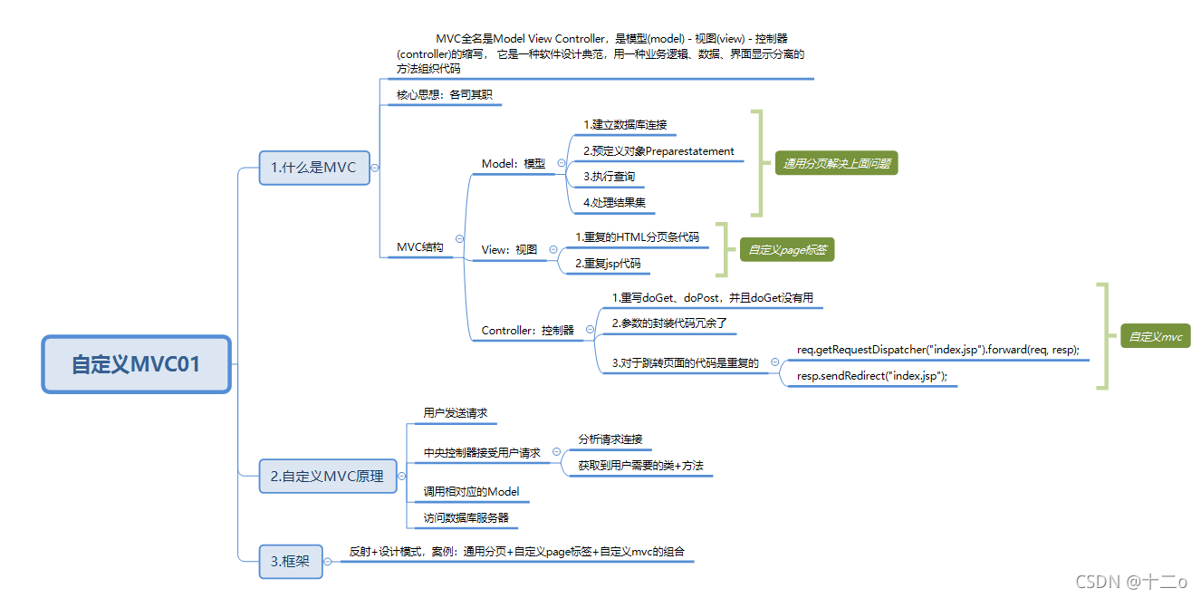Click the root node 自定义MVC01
tap(136, 364)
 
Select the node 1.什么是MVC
tap(313, 168)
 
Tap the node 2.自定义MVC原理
tap(327, 476)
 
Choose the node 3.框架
tap(290, 562)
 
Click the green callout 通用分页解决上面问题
tap(836, 164)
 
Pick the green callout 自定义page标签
tap(786, 249)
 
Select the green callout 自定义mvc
tap(1155, 336)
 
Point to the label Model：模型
tap(514, 164)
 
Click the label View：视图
tap(509, 249)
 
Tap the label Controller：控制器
tap(527, 331)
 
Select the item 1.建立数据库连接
tap(625, 125)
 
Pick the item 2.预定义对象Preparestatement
tap(658, 151)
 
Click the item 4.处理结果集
tap(614, 203)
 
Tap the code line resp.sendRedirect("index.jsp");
tap(871, 376)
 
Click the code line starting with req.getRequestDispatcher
tap(937, 350)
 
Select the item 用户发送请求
tap(455, 413)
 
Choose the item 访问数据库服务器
tap(466, 518)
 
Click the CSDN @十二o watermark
tap(1130, 582)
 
